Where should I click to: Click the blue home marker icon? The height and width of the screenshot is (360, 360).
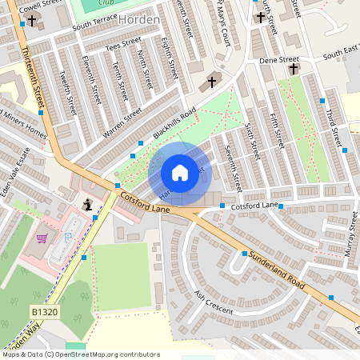[180, 172]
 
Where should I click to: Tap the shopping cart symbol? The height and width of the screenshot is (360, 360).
[42, 238]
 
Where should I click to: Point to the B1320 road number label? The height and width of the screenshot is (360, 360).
[46, 310]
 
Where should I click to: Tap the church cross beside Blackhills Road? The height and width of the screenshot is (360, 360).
[212, 82]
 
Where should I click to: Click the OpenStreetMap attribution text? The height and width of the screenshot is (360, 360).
[80, 354]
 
